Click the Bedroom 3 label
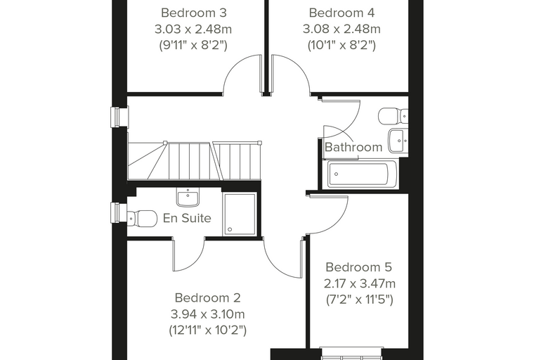[x=194, y=13]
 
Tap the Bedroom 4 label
[x=341, y=13]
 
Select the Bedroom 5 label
[x=359, y=267]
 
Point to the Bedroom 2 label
[x=208, y=297]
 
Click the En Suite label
[x=187, y=218]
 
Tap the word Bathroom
[x=353, y=147]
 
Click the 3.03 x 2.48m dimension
[x=193, y=30]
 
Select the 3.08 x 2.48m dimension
[x=341, y=30]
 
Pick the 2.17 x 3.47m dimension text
[x=359, y=283]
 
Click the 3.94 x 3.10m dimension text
[x=208, y=314]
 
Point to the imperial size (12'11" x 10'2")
[x=208, y=330]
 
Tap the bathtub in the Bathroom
[x=362, y=174]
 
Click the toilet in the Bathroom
[x=393, y=116]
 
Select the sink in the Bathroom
[x=398, y=141]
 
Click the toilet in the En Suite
[x=142, y=218]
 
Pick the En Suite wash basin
[x=188, y=198]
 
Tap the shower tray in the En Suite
[x=240, y=214]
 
